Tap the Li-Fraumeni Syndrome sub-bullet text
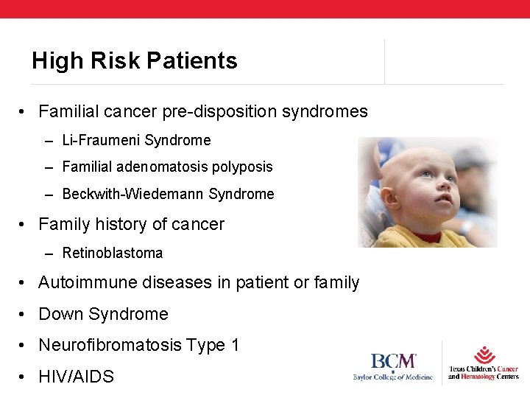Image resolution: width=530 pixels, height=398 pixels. pyautogui.click(x=136, y=140)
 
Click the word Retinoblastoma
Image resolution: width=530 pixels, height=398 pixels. pyautogui.click(x=113, y=254)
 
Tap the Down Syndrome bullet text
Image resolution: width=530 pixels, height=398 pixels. pyautogui.click(x=103, y=314)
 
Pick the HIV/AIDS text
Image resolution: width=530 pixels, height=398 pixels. pyautogui.click(x=76, y=377)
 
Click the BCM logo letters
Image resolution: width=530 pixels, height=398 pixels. pyautogui.click(x=394, y=363)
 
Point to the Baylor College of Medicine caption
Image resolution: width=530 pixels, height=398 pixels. pyautogui.click(x=394, y=377)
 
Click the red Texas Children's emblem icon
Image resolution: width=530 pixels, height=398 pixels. pyautogui.click(x=484, y=355)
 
